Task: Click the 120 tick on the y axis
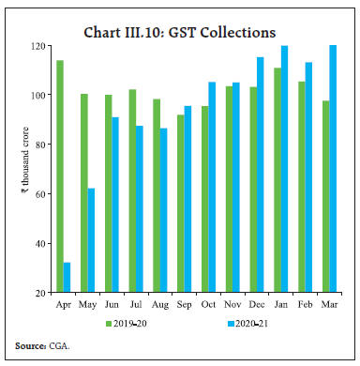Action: (38, 45)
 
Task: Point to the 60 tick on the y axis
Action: (40, 194)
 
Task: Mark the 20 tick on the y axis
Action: (40, 293)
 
